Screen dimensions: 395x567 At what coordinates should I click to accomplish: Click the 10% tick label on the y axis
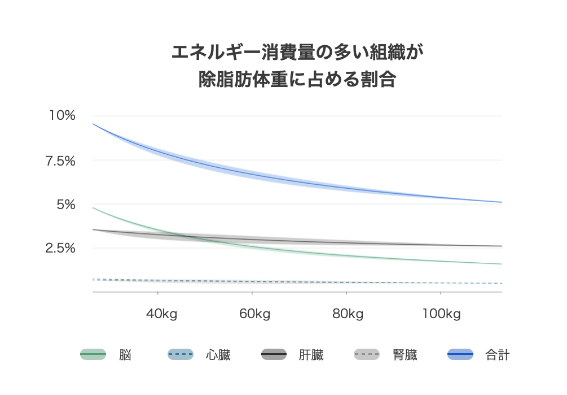[62, 115]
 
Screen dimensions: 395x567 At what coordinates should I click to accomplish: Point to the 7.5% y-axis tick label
[60, 160]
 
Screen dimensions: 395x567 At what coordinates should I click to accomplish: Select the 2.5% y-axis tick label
[60, 248]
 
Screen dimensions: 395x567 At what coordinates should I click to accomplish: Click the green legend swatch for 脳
[93, 355]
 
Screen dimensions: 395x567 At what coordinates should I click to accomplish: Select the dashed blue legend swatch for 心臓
[181, 355]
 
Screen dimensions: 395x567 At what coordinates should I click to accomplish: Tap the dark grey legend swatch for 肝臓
[274, 355]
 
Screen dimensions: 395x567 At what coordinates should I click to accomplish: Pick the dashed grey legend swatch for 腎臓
[367, 355]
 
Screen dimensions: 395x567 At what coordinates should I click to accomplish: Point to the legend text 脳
[125, 355]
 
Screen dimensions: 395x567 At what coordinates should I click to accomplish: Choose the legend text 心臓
[218, 355]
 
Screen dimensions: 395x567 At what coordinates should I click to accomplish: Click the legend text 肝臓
[311, 355]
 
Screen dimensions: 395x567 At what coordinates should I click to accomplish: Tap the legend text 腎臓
[405, 355]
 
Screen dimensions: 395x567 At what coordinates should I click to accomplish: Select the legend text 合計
[498, 355]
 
